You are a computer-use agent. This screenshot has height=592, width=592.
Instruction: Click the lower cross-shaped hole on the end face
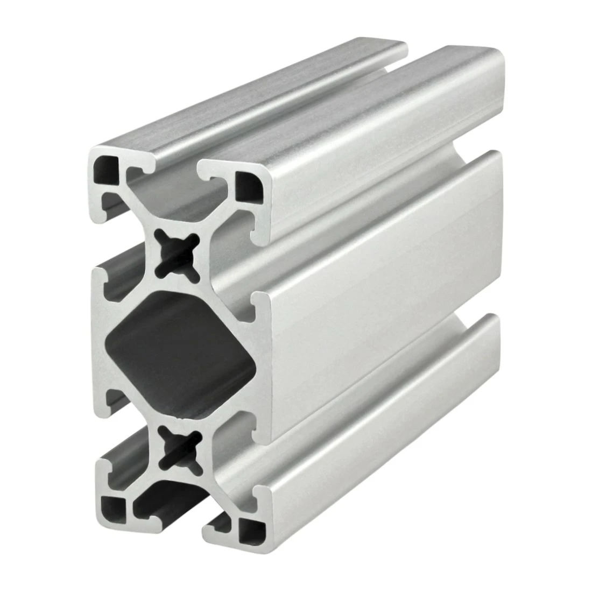coord(177,446)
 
